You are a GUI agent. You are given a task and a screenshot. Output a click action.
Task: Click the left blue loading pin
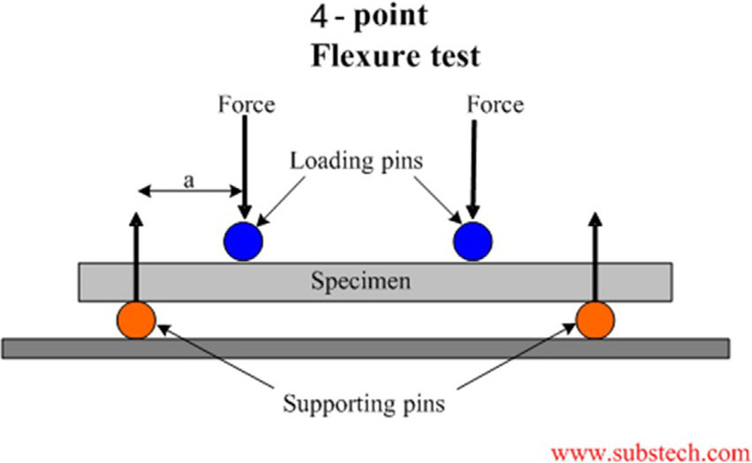click(x=242, y=240)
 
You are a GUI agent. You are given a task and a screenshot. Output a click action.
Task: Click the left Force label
click(x=246, y=105)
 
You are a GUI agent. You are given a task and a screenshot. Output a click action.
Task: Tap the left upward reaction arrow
click(x=135, y=257)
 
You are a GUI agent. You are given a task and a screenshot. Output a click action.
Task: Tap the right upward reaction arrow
click(x=595, y=257)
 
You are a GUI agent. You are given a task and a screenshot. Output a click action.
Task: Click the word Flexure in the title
click(x=357, y=56)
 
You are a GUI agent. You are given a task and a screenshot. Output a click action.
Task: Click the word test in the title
click(x=451, y=56)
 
